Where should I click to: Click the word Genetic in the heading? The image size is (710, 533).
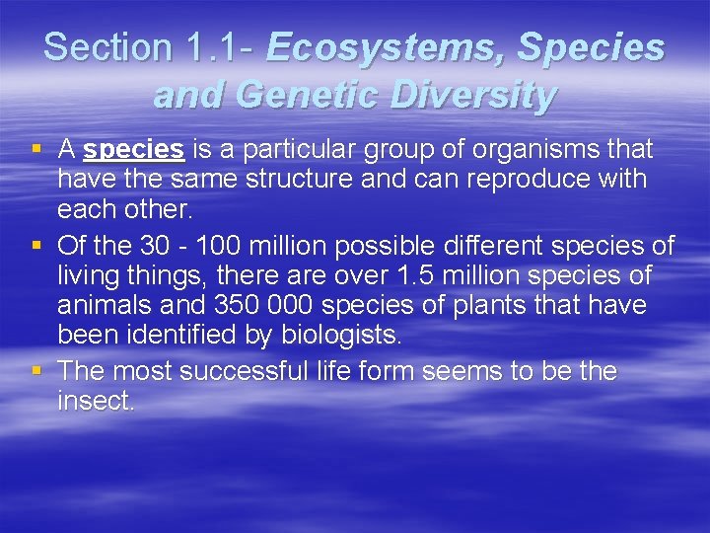click(x=318, y=95)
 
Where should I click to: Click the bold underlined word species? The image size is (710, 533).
click(x=134, y=149)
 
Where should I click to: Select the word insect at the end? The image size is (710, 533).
click(x=96, y=402)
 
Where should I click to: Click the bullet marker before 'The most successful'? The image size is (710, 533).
click(x=36, y=370)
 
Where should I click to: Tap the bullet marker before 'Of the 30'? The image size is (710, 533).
click(x=36, y=243)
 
